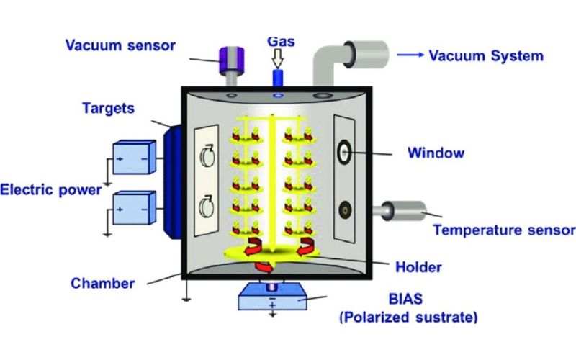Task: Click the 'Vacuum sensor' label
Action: (x=120, y=45)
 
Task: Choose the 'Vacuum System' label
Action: (x=485, y=55)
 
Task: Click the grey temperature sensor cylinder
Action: (x=405, y=210)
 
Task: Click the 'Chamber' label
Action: (x=102, y=283)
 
